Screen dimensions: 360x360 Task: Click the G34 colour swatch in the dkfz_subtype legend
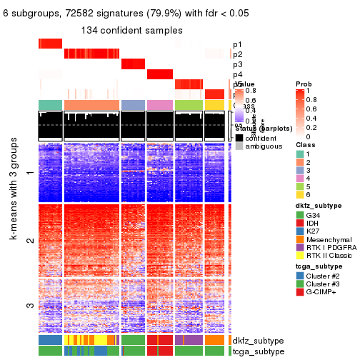[x=300, y=215]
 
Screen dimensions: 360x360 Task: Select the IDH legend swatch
[x=300, y=225]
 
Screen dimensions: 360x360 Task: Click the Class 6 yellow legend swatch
[x=300, y=195]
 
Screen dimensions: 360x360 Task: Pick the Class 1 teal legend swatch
[x=300, y=145]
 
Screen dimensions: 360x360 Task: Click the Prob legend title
[x=304, y=84]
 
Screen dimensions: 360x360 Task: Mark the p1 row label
[x=237, y=44]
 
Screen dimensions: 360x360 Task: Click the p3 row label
[x=237, y=64]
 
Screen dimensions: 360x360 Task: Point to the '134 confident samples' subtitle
[x=131, y=30]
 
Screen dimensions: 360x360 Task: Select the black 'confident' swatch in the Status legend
[x=240, y=137]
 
